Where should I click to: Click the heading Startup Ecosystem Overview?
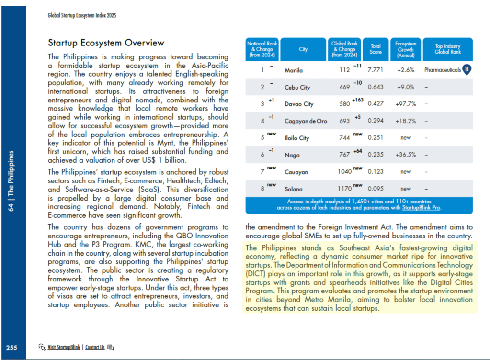(x=106, y=44)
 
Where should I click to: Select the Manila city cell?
(x=294, y=70)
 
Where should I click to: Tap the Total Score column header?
(x=376, y=49)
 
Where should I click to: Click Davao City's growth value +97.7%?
(x=406, y=104)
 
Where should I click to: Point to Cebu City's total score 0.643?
(x=376, y=87)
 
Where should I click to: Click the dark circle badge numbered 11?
(x=467, y=70)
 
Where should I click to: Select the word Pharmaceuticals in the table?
(x=442, y=70)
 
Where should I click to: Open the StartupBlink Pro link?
(x=421, y=208)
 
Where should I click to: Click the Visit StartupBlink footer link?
(x=64, y=347)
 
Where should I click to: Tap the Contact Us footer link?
(x=95, y=347)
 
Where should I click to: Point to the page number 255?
(x=11, y=348)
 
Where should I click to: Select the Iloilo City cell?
(x=297, y=138)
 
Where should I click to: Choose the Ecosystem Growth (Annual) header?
(x=406, y=49)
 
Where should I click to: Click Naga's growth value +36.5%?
(x=406, y=155)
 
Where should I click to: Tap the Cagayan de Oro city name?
(x=306, y=121)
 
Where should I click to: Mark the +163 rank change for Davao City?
(x=357, y=100)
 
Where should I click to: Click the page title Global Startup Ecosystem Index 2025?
(x=82, y=15)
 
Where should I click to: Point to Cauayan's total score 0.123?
(x=376, y=171)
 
